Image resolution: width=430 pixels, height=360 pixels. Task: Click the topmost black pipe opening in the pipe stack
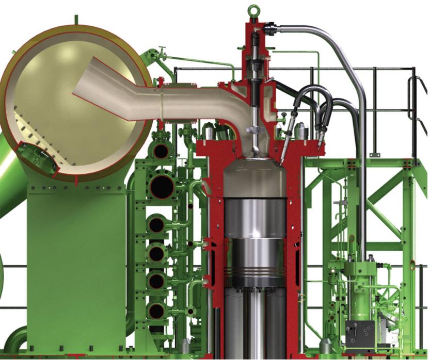tap(161, 151)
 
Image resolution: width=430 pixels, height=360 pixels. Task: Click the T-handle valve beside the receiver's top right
tap(161, 52)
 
